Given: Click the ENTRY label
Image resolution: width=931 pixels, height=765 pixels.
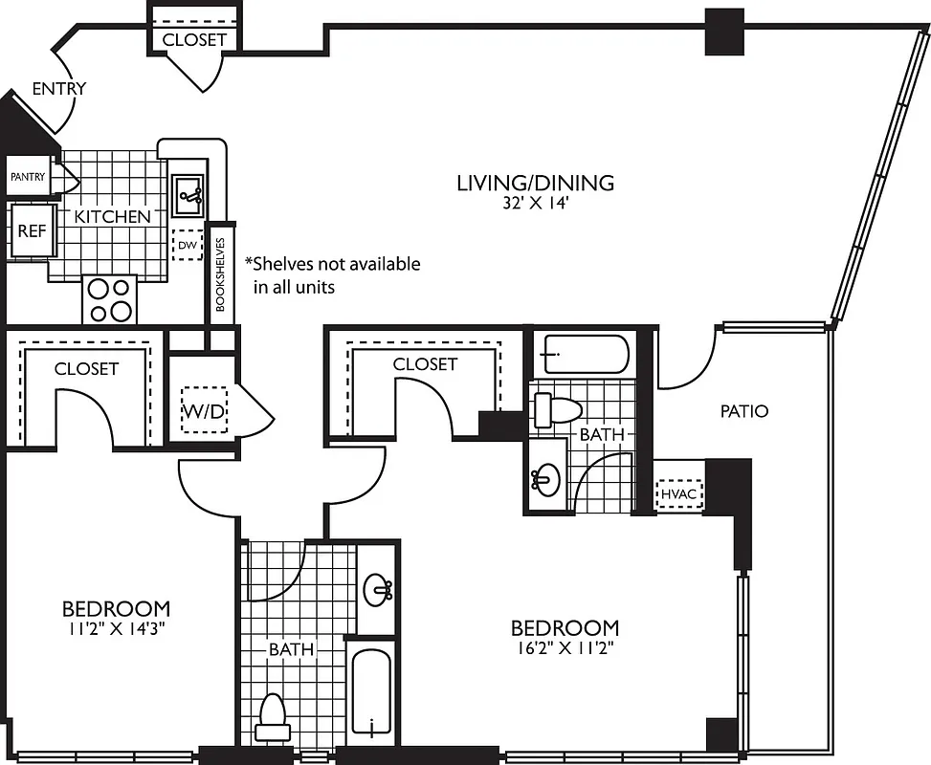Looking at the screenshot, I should tap(59, 89).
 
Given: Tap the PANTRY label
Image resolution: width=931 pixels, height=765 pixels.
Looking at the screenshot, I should tap(28, 177).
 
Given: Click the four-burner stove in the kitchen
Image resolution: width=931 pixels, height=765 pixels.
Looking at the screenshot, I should tap(109, 299).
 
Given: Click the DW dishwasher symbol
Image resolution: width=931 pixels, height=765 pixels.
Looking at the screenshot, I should tap(188, 245).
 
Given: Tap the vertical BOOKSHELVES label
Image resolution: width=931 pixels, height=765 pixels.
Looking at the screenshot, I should tap(220, 275).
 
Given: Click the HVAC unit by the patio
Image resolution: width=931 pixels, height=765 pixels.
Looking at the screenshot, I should tap(679, 493).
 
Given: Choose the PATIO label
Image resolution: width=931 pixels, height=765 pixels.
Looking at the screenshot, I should tap(744, 411).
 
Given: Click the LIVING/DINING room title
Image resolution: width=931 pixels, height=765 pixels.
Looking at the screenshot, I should tap(534, 183).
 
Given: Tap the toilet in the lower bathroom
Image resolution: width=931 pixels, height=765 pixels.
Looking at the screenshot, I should tap(273, 717).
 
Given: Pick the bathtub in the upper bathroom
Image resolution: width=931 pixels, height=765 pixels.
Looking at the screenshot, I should tap(581, 353).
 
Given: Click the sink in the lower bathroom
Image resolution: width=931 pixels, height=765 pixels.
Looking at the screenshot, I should tap(378, 589).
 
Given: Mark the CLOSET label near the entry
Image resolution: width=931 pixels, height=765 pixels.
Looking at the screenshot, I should tap(194, 39).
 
